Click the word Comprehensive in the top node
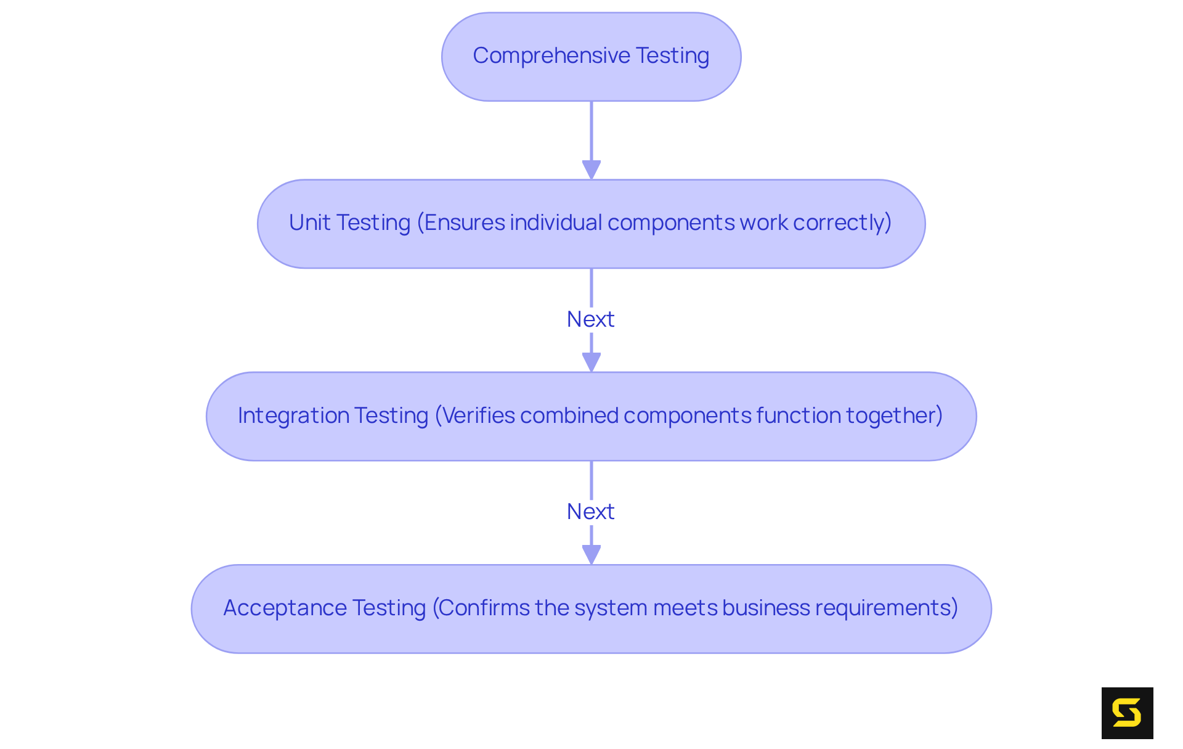tap(551, 56)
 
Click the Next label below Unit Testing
tap(590, 319)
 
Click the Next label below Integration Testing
tap(590, 512)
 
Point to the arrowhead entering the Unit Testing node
tap(591, 170)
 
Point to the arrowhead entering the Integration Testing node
tap(591, 362)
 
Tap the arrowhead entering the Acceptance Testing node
tap(591, 554)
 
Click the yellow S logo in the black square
tap(1127, 713)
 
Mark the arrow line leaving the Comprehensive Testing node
tap(591, 129)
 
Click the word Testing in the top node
tap(672, 56)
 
